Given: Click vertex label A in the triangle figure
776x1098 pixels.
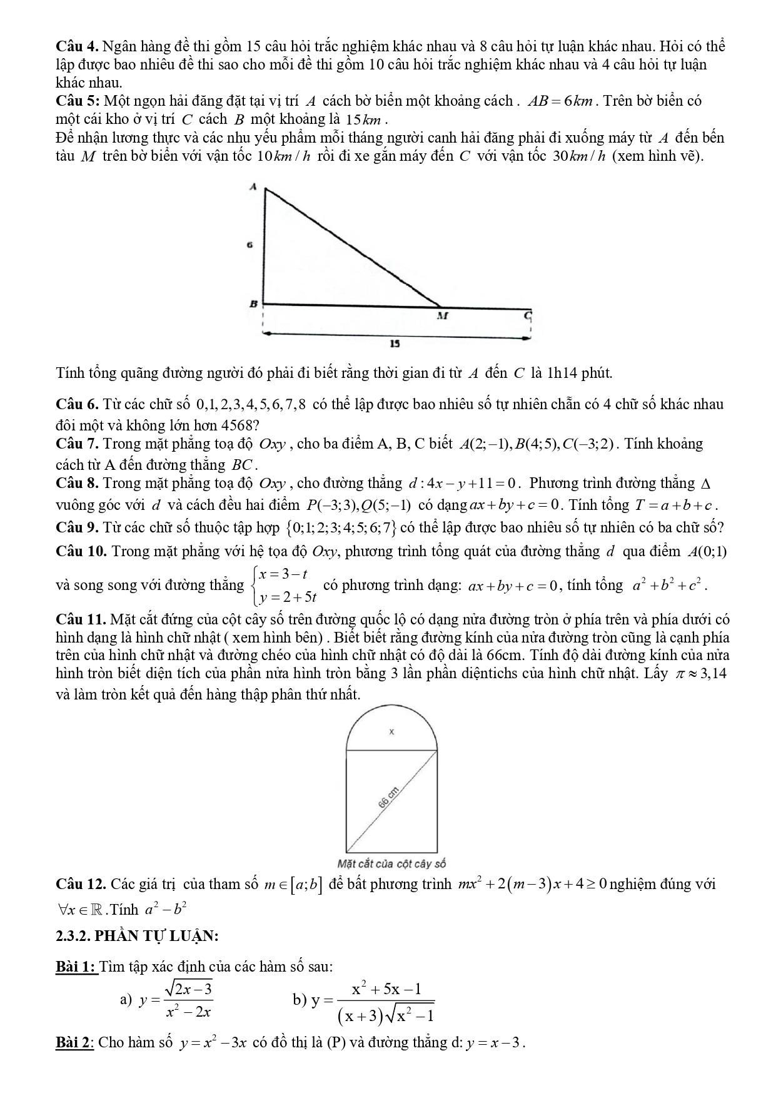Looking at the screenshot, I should (x=253, y=186).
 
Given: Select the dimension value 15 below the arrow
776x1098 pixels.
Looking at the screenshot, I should (x=395, y=343).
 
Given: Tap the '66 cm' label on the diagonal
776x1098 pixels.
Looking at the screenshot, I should (x=388, y=799).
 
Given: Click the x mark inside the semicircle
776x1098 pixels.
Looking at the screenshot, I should (x=391, y=731).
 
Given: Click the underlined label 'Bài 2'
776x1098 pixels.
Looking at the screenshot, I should (x=74, y=1042).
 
